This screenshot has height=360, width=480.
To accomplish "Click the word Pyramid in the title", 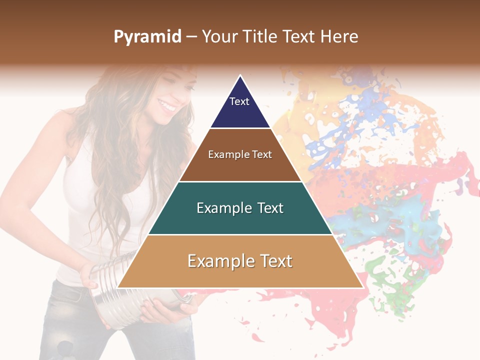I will pos(147,37).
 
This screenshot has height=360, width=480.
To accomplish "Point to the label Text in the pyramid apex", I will pos(239,101).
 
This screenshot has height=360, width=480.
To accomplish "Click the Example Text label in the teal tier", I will pos(240,208).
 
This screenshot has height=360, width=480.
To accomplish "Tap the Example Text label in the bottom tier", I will pos(240,261).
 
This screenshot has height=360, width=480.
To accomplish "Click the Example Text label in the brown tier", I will pos(240,154).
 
